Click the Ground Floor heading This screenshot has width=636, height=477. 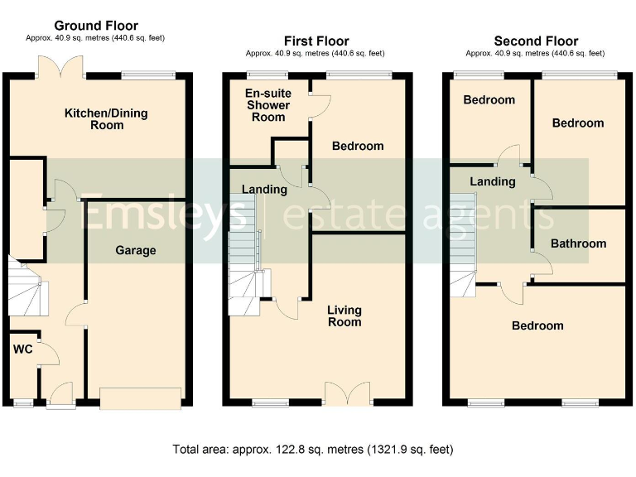coord(96,26)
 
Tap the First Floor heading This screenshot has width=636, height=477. coord(316,41)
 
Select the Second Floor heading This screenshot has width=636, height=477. coord(536,41)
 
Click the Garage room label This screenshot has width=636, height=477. coord(136,250)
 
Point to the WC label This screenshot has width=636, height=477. coord(22,349)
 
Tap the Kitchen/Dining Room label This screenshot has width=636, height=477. coord(106,119)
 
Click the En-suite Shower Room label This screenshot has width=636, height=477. coord(268,105)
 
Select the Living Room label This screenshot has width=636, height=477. coord(344,316)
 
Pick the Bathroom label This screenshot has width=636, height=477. coord(578,243)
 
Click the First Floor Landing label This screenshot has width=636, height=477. coord(264,190)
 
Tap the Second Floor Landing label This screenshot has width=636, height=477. coord(493,181)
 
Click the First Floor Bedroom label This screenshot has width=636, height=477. coord(358,146)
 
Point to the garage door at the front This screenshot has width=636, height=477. coord(141,398)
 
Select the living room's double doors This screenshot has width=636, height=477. coord(348,393)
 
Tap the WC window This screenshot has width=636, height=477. coord(23,402)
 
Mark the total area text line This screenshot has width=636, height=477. coord(313,450)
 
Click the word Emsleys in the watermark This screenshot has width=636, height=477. coord(163,214)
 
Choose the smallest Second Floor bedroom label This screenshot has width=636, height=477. coord(489,99)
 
